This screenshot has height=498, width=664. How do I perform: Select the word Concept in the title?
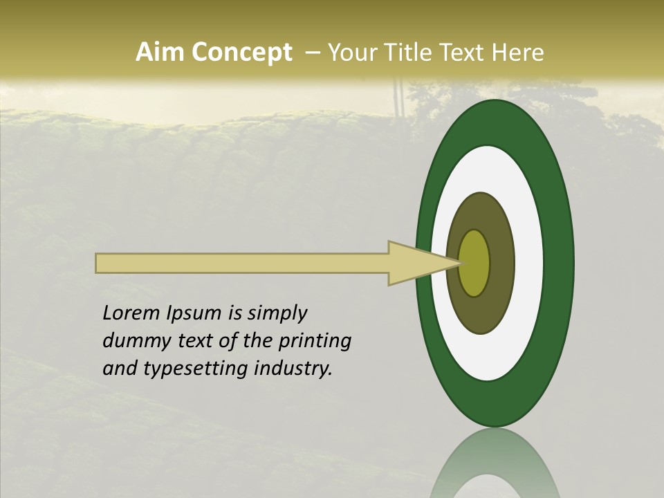[x=241, y=53]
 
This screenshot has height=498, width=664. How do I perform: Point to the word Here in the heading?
[x=518, y=53]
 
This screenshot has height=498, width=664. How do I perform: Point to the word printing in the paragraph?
[x=315, y=341]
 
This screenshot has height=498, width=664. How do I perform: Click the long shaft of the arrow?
[x=242, y=264]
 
